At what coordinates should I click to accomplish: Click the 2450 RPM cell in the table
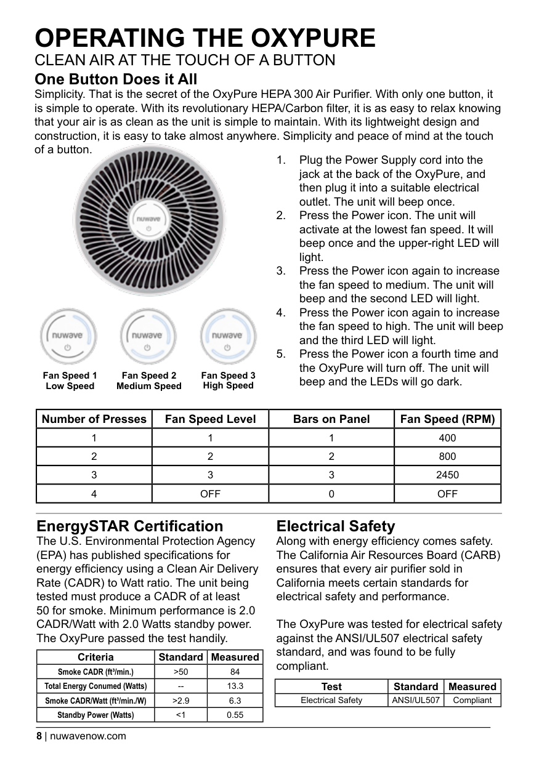tap(447, 475)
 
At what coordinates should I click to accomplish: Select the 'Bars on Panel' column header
tap(331, 419)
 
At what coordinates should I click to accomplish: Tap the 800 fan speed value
tap(447, 456)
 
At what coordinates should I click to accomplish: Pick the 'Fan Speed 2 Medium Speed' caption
tap(149, 380)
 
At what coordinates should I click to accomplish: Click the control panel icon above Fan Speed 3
tap(228, 336)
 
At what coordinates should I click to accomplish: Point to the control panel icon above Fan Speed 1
tap(68, 336)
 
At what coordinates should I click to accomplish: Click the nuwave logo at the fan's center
tap(148, 219)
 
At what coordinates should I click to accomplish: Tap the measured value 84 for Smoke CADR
tap(235, 672)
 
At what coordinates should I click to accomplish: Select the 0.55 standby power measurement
tap(235, 715)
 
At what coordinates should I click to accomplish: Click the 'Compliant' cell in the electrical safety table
tap(472, 700)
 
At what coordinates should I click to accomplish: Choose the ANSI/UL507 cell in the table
tap(415, 700)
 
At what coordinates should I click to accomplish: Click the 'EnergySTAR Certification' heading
tap(130, 526)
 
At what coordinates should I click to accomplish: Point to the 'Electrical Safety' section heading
tap(336, 526)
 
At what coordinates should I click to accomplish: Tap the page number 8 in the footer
tap(39, 736)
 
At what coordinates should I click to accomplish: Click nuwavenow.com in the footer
tap(88, 736)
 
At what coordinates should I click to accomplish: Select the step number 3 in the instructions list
tap(281, 271)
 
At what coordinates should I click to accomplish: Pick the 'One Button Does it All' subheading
tap(116, 79)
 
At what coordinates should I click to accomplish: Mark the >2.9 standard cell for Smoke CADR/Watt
tap(180, 701)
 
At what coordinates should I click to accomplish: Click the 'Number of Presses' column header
tap(94, 419)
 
